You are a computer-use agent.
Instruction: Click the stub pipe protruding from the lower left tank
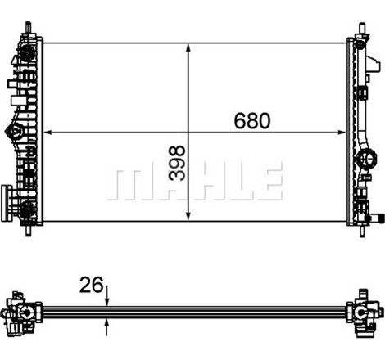click(x=6, y=196)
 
